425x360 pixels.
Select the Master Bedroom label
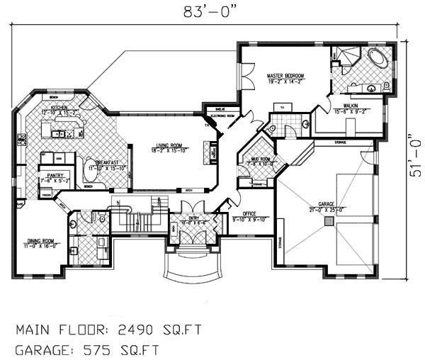285,75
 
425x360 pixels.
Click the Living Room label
169,145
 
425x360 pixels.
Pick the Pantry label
56,174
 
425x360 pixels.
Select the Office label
249,213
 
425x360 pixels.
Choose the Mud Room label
259,159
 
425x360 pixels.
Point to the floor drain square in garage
328,221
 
